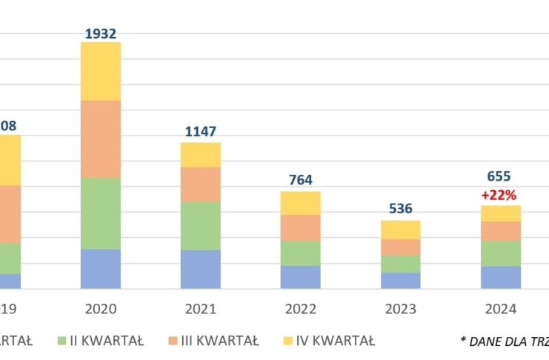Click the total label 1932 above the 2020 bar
(101, 33)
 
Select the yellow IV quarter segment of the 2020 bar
(101, 71)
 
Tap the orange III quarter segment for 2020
(101, 139)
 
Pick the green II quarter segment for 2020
(101, 213)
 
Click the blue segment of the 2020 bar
(101, 268)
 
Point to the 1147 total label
(201, 132)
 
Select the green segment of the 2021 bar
(201, 225)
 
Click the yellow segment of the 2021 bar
(201, 154)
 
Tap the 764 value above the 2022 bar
(300, 180)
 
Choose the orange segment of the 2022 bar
(300, 227)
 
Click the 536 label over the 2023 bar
(400, 209)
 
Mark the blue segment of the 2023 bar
(400, 280)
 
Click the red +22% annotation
(500, 195)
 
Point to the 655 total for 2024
(500, 177)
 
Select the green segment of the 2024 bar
(500, 253)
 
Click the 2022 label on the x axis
(300, 309)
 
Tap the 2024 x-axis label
(500, 309)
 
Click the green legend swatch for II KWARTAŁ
(62, 341)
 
